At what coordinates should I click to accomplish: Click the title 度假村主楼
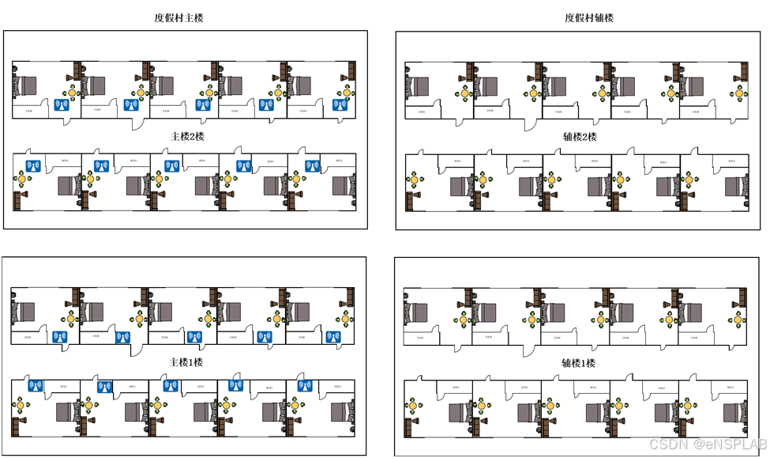[178, 17]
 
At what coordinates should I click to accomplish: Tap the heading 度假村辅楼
[589, 17]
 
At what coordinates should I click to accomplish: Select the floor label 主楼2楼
[187, 136]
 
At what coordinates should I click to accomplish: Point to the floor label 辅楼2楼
[580, 137]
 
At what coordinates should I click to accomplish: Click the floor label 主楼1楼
[186, 362]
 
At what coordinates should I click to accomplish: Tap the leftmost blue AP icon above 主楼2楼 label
[61, 104]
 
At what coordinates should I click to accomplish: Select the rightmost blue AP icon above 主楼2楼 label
[340, 104]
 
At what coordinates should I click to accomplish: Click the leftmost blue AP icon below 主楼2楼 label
[33, 165]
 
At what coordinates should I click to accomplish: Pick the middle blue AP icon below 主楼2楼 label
[171, 165]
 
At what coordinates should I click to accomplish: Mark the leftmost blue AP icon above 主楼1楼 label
[59, 337]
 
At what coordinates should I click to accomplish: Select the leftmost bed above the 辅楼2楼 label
[418, 85]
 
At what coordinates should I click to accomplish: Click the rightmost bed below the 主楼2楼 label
[343, 185]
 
